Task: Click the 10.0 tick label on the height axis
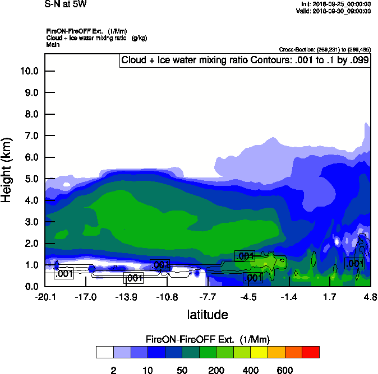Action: click(x=28, y=71)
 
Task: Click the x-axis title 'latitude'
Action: click(x=207, y=315)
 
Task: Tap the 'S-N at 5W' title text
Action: click(x=66, y=4)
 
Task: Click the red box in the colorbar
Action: click(x=311, y=352)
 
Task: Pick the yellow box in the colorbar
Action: click(x=259, y=352)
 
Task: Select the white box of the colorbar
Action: click(x=104, y=352)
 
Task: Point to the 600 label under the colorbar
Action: click(x=285, y=371)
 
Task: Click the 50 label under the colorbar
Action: click(x=182, y=371)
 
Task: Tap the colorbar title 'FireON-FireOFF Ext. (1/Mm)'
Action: click(x=208, y=339)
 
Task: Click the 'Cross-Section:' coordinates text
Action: click(x=325, y=50)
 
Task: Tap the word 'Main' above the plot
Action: click(x=53, y=44)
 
